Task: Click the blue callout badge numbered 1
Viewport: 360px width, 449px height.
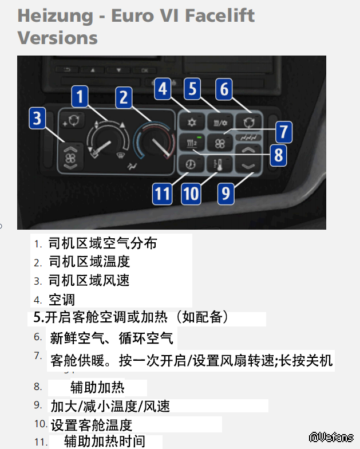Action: coord(80,96)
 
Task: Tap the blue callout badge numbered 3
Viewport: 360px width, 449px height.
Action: coord(37,118)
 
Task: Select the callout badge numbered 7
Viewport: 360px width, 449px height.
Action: coord(284,132)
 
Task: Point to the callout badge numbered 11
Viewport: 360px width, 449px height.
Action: coord(163,194)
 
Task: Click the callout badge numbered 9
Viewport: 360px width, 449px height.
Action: coord(226,194)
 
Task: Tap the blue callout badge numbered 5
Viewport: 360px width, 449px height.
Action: coord(192,89)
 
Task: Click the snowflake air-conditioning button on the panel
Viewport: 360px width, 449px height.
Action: coord(191,123)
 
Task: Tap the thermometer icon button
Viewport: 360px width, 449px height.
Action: coord(220,165)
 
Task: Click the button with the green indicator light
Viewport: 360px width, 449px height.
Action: coord(191,142)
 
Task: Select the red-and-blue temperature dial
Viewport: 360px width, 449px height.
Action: coord(155,140)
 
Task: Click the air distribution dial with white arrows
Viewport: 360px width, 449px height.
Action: coord(108,140)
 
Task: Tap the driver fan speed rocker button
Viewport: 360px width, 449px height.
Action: coord(70,157)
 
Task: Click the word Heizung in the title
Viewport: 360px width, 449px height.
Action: coord(55,16)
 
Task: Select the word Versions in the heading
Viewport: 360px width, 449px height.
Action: coord(57,38)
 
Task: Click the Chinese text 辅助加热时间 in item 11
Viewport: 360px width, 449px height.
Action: coord(105,441)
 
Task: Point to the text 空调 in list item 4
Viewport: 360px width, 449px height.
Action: coord(62,300)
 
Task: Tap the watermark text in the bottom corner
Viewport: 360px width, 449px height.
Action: coord(331,437)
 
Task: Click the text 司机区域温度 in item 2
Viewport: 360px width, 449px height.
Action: coord(89,262)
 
